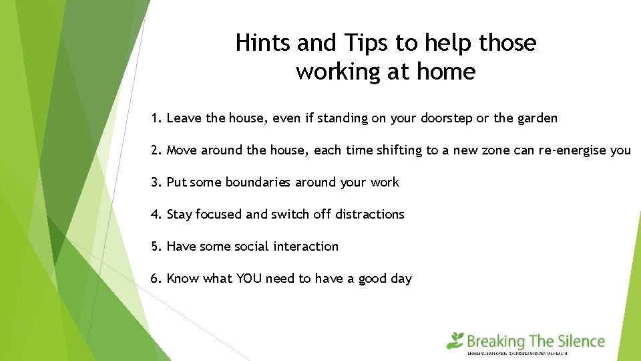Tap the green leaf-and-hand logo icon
coord(455,340)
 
